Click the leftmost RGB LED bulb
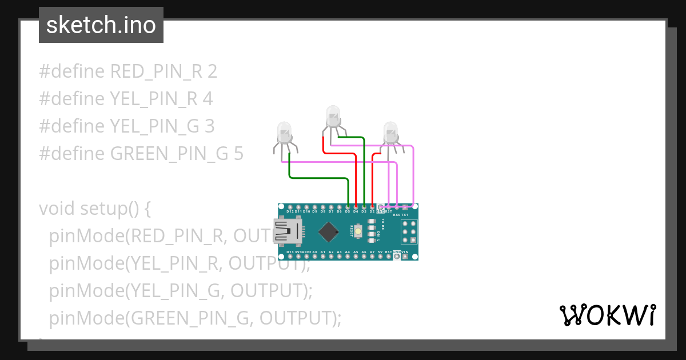click(x=284, y=133)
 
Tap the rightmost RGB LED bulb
click(x=390, y=132)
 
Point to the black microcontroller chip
click(x=328, y=231)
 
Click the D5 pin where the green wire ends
click(x=348, y=206)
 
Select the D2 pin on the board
click(x=372, y=206)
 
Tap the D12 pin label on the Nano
click(x=290, y=211)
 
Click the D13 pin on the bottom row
click(x=290, y=257)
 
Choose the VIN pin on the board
click(x=405, y=257)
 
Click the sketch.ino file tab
click(x=101, y=25)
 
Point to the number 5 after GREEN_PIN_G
click(x=238, y=153)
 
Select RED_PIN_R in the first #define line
click(x=156, y=71)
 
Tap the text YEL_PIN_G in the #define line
click(x=154, y=126)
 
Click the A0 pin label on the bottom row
click(x=314, y=252)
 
